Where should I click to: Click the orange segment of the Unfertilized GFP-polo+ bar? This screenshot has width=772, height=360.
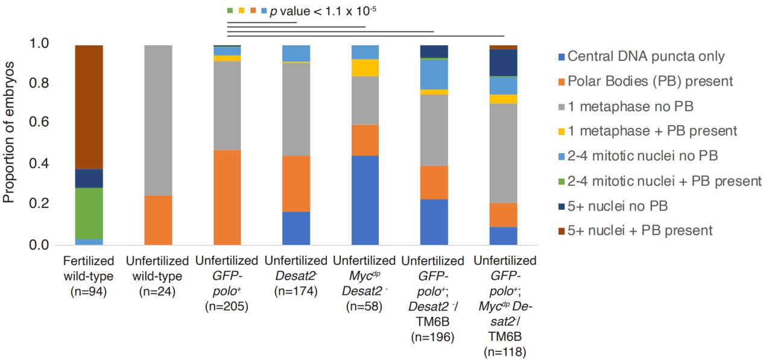(227, 198)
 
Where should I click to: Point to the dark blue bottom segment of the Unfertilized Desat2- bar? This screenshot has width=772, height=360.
(296, 229)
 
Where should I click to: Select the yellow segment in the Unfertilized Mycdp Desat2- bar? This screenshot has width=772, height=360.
(365, 68)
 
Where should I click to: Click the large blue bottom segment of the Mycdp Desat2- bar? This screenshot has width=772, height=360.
(365, 200)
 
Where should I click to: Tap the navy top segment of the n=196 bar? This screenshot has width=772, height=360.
(434, 51)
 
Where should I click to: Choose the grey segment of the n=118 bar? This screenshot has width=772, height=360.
(504, 153)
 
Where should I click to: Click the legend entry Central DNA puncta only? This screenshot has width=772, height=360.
(646, 57)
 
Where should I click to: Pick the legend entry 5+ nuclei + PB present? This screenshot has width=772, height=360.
(640, 230)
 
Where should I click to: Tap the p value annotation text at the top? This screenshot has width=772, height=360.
(323, 10)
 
